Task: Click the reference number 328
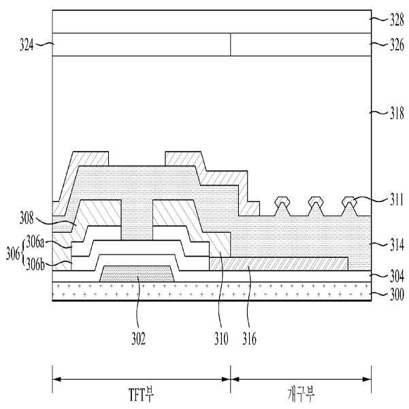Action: coord(397,20)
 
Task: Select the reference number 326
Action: coord(397,45)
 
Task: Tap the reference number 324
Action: coord(27,45)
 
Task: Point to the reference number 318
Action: coord(397,113)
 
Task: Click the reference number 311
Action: coord(396,200)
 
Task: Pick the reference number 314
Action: coord(397,245)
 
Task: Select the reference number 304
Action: coord(397,276)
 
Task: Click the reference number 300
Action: coord(397,295)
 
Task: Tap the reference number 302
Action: coord(139,339)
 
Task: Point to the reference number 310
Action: coord(221,339)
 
